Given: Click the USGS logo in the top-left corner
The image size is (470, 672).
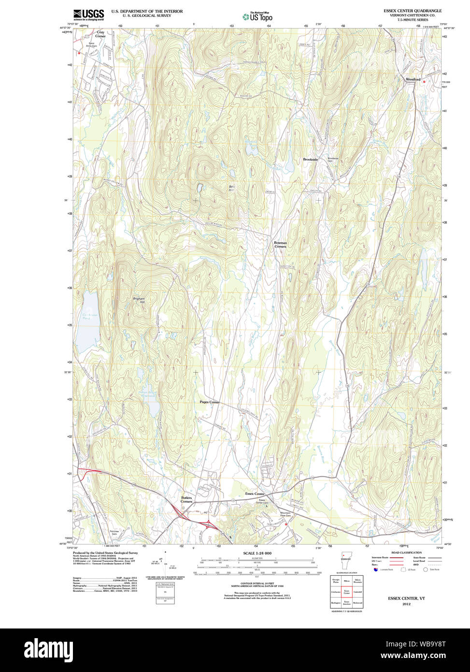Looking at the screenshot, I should pos(88,15).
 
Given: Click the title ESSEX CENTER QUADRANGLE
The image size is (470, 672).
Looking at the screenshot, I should pos(412,11).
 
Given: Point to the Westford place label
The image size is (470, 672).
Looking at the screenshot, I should pos(413,79).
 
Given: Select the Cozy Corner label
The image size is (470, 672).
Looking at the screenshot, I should pos(100,34).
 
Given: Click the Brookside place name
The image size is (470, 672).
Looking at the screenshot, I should pos(310,159).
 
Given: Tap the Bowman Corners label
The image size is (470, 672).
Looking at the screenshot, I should pos(280,245).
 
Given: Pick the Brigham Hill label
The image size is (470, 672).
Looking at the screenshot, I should pos(139,300).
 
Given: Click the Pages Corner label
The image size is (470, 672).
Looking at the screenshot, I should pos(210,402).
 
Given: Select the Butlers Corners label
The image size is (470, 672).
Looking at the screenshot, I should pos(186,499).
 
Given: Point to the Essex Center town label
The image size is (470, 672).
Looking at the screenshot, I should pos(256,494).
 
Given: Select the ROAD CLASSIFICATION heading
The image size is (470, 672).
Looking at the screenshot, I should pos(406,553).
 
